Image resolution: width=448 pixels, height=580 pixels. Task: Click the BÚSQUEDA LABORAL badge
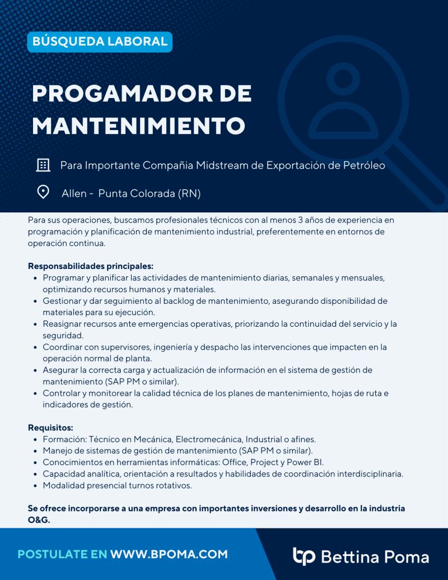pyautogui.click(x=100, y=41)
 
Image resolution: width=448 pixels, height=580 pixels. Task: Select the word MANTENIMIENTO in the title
pyautogui.click(x=138, y=126)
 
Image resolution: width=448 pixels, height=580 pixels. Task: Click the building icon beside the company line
pyautogui.click(x=43, y=165)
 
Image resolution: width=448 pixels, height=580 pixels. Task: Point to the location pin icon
pyautogui.click(x=43, y=193)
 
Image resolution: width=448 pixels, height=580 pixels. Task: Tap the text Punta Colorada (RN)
pyautogui.click(x=150, y=194)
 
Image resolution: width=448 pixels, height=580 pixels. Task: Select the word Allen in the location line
pyautogui.click(x=74, y=194)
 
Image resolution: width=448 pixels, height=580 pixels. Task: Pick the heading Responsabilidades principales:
pyautogui.click(x=90, y=266)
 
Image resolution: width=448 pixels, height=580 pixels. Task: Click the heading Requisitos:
pyautogui.click(x=50, y=428)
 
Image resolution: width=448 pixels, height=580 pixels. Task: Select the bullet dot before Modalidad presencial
pyautogui.click(x=36, y=486)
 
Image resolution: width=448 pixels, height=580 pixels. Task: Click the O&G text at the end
pyautogui.click(x=39, y=519)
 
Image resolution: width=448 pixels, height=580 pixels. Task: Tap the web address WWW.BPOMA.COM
pyautogui.click(x=169, y=554)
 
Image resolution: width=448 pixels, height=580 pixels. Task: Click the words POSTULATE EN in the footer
pyautogui.click(x=62, y=554)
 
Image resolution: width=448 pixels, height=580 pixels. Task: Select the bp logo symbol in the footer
pyautogui.click(x=304, y=555)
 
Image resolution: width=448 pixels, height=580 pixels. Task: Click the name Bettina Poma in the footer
pyautogui.click(x=375, y=556)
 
